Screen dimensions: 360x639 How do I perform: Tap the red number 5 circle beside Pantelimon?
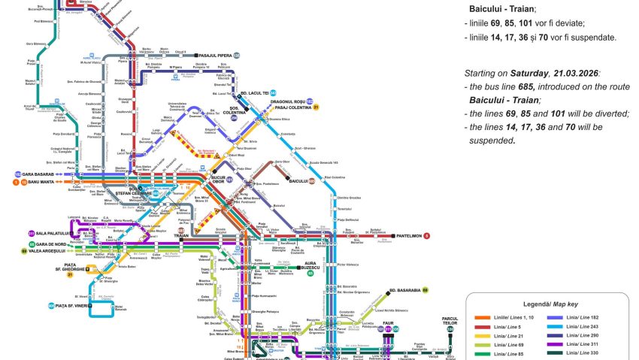427,236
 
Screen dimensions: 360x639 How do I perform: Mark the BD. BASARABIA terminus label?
404,289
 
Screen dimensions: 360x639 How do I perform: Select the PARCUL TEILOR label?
450,321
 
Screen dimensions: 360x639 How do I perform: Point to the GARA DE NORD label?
51,244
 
